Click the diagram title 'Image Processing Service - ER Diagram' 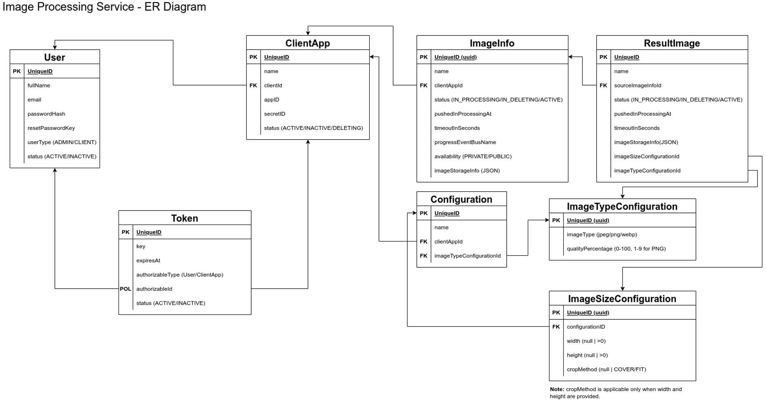coord(104,7)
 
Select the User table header coord(55,57)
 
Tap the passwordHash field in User coord(46,114)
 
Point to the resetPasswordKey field coord(51,128)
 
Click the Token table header coord(185,218)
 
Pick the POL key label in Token coord(125,289)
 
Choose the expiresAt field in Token coord(148,260)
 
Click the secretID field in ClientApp coord(275,114)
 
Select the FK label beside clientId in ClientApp coord(253,85)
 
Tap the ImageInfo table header coord(492,43)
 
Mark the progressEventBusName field coord(465,142)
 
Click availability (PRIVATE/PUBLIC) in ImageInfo coord(473,156)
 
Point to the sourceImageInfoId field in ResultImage coord(638,85)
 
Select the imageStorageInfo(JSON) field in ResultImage coord(646,142)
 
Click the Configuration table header coord(462,199)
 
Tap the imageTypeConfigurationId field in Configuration coord(468,256)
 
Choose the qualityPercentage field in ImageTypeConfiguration coord(616,249)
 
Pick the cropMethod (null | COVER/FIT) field coord(606,369)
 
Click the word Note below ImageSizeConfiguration coord(557,389)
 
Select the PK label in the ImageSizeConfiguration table coord(556,312)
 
